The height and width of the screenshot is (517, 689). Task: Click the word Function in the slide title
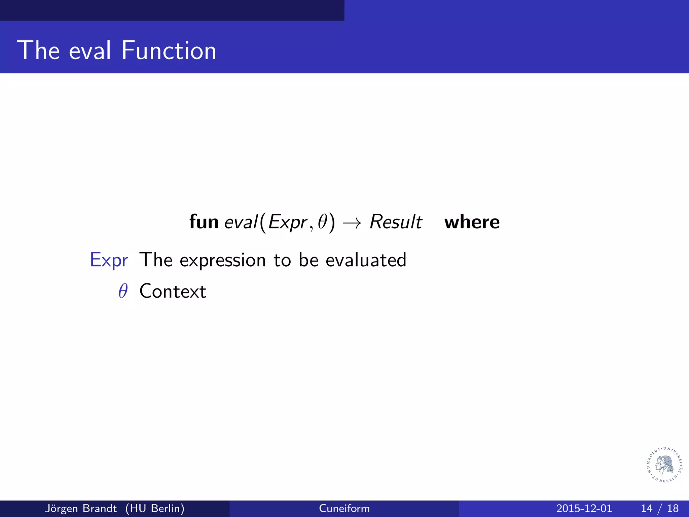[x=169, y=50]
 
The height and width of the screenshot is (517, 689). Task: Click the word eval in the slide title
[x=90, y=50]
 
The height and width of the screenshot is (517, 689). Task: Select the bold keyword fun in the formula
[x=204, y=222]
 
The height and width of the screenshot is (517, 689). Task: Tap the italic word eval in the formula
[x=241, y=222]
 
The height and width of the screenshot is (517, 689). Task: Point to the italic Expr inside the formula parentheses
[x=288, y=222]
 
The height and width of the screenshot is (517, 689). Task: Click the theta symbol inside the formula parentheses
[x=323, y=222]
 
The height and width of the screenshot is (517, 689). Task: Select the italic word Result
[x=396, y=222]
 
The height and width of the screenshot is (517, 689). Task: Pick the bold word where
[x=472, y=222]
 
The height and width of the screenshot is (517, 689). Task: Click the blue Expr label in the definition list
[x=109, y=260]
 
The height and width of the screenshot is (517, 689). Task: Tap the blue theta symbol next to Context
[x=123, y=291]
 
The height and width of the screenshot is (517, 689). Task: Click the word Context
[x=173, y=291]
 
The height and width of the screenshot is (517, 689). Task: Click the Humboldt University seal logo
[x=665, y=465]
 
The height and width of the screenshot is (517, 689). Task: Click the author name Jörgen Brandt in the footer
[x=81, y=508]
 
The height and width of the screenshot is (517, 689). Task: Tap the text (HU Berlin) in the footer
[x=155, y=508]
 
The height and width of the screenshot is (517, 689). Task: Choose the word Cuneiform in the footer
[x=344, y=508]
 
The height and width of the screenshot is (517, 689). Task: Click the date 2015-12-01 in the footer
[x=584, y=508]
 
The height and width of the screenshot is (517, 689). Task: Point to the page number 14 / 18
[x=659, y=508]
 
